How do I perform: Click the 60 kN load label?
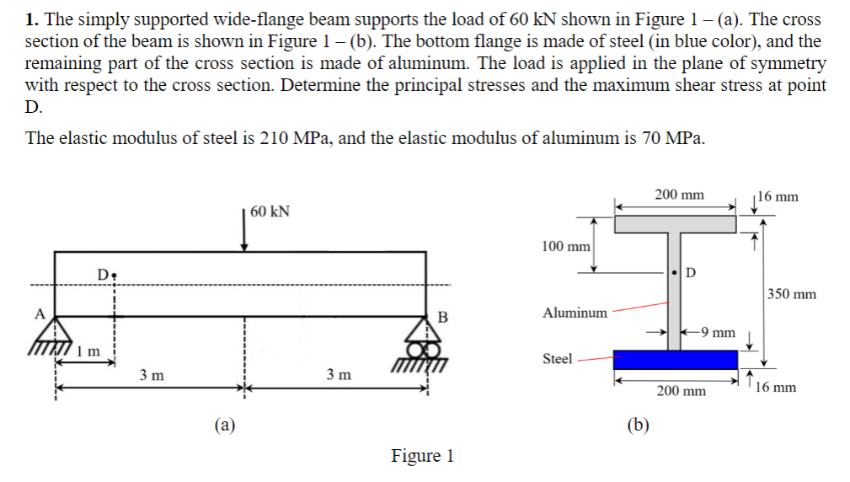(x=270, y=211)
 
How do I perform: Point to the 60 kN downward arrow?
(x=244, y=233)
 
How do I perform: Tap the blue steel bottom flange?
(x=676, y=359)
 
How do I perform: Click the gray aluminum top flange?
(x=676, y=223)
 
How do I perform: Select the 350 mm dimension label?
(x=792, y=294)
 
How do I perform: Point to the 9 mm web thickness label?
(x=720, y=332)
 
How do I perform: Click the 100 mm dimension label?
(x=565, y=246)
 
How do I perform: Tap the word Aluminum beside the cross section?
(x=575, y=313)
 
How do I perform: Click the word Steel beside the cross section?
(x=557, y=359)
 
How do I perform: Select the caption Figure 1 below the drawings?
(x=422, y=456)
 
